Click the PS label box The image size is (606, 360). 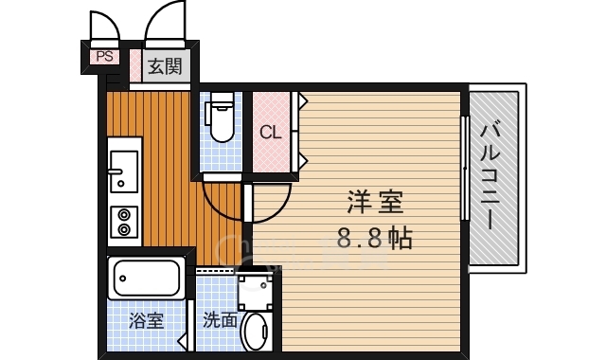(x=104, y=57)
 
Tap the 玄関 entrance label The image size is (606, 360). (x=164, y=66)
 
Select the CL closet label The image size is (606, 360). (x=270, y=133)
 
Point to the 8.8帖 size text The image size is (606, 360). (x=375, y=237)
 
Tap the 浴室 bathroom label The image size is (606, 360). (x=146, y=319)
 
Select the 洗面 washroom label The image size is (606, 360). (x=220, y=320)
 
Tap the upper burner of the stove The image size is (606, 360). (x=123, y=213)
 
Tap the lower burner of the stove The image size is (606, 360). (x=123, y=230)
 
